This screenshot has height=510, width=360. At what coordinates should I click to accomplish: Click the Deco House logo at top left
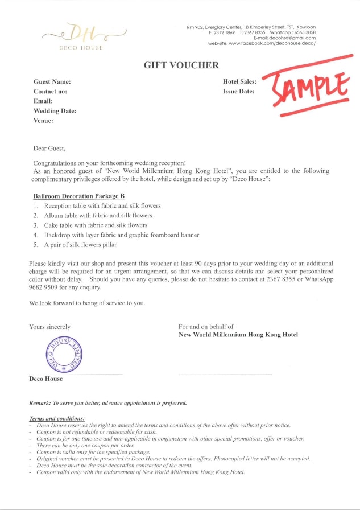(81, 36)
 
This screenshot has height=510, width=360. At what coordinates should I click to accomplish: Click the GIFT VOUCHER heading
(181, 65)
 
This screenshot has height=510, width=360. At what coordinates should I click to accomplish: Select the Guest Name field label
(52, 81)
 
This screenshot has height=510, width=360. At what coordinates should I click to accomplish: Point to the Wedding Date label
(55, 111)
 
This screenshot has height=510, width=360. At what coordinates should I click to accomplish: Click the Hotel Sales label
(239, 81)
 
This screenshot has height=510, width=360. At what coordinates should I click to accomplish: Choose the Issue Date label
(238, 91)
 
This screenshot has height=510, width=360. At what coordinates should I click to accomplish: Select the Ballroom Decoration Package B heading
(78, 196)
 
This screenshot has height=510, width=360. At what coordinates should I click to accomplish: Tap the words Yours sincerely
(49, 327)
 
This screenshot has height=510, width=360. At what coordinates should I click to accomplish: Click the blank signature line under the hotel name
(225, 374)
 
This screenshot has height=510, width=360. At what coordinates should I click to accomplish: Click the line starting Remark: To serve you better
(108, 403)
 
